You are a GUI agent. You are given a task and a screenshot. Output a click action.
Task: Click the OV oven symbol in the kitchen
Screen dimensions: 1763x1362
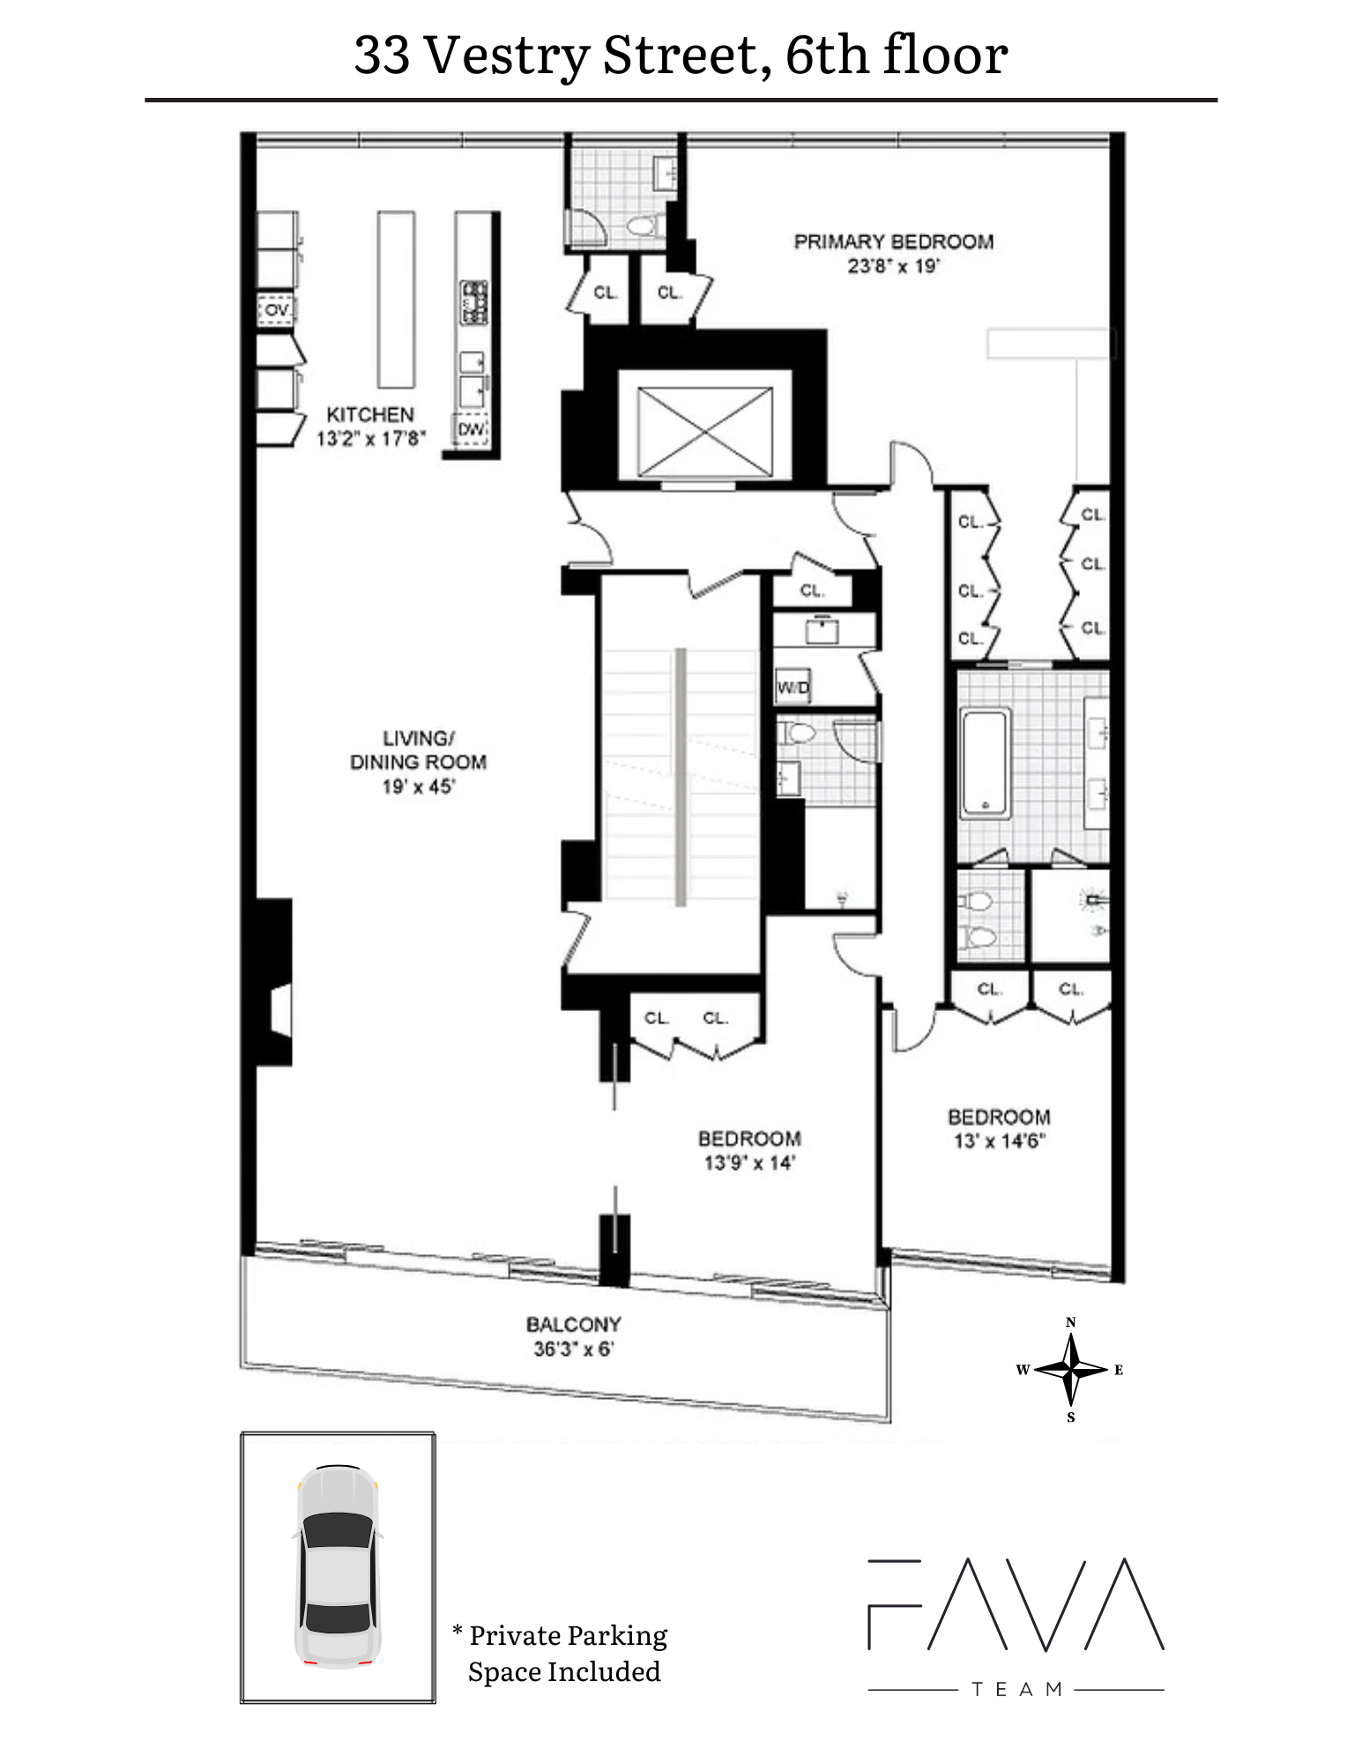pos(277,310)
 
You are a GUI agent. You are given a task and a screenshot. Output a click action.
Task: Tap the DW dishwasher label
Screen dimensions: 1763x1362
pos(471,429)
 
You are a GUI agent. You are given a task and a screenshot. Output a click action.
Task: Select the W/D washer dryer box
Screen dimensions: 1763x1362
pos(793,688)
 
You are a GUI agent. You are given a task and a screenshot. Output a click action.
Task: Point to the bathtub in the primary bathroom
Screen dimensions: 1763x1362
pos(985,763)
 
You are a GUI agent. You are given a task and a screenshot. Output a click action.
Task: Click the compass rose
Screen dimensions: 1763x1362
pos(1070,1370)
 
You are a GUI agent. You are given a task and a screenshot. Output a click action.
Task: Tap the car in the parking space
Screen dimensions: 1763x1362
pos(338,1566)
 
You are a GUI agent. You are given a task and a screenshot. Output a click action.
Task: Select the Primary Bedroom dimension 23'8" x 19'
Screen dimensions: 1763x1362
pos(893,266)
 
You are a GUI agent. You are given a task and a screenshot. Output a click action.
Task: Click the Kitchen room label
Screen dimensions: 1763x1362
pos(369,414)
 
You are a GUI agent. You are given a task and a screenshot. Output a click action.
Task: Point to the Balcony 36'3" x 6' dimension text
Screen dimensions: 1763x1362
pos(573,1349)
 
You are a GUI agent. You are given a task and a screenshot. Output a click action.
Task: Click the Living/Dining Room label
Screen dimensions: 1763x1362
pos(418,750)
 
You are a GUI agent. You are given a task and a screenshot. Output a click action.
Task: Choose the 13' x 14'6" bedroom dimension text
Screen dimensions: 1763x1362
pos(999,1141)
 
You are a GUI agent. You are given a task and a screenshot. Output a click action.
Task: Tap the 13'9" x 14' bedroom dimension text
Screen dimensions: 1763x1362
pos(748,1163)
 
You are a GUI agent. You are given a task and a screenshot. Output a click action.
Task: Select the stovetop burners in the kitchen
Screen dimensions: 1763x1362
pos(474,302)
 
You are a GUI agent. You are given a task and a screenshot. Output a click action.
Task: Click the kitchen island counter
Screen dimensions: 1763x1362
pos(396,299)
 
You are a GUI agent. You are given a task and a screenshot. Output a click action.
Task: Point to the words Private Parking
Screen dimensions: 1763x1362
pos(568,1635)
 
